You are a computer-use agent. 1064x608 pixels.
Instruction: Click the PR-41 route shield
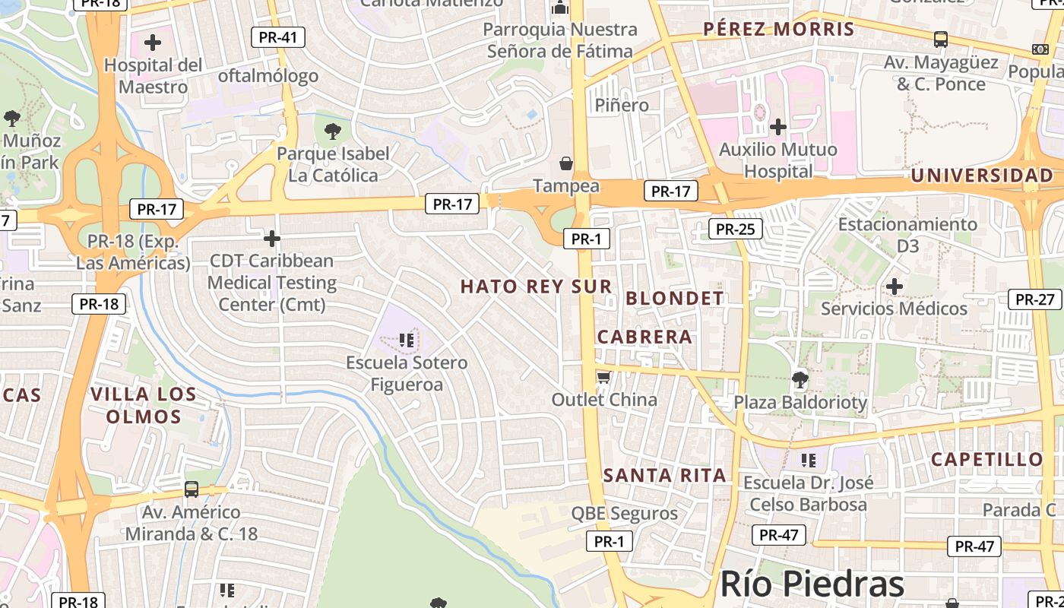pyautogui.click(x=278, y=37)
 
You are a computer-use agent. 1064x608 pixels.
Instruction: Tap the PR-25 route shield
pyautogui.click(x=735, y=228)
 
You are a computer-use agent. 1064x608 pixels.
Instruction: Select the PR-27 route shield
pyautogui.click(x=1034, y=299)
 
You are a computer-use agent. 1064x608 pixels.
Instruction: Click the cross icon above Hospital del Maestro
pyautogui.click(x=153, y=43)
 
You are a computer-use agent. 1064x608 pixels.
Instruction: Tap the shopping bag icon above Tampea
pyautogui.click(x=566, y=163)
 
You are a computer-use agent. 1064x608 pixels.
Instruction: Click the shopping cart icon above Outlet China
pyautogui.click(x=603, y=378)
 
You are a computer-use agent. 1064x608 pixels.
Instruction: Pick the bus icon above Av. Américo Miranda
pyautogui.click(x=192, y=489)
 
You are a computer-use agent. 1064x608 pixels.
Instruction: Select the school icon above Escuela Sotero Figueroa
pyautogui.click(x=407, y=340)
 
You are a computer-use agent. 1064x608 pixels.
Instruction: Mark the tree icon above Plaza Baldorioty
pyautogui.click(x=800, y=379)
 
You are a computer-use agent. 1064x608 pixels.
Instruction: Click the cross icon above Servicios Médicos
pyautogui.click(x=895, y=287)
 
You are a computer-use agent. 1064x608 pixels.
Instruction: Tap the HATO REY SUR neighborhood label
pyautogui.click(x=536, y=287)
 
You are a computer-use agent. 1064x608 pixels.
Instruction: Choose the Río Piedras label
pyautogui.click(x=812, y=584)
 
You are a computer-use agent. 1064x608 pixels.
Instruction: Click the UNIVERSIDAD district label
pyautogui.click(x=982, y=176)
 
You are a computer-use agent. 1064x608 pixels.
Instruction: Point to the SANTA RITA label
pyautogui.click(x=664, y=476)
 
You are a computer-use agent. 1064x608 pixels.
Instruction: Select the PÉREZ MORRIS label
pyautogui.click(x=779, y=30)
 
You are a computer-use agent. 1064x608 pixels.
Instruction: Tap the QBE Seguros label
pyautogui.click(x=624, y=514)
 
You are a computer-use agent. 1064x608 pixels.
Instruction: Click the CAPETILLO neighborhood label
pyautogui.click(x=986, y=459)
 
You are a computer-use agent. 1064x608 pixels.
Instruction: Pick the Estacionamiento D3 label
pyautogui.click(x=907, y=235)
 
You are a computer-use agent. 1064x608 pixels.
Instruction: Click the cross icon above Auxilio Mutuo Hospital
pyautogui.click(x=778, y=126)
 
